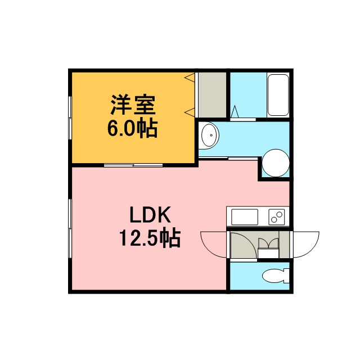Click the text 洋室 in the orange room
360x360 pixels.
pos(133,105)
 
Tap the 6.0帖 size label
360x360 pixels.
pos(133,128)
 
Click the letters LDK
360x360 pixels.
pos(150,215)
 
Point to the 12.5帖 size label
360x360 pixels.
pos(150,238)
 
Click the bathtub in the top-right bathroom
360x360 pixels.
pos(278,95)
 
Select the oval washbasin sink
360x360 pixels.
pos(209,136)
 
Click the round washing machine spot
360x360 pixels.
pos(276,163)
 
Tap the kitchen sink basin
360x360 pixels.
pos(245,217)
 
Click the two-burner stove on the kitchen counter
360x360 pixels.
pos(277,217)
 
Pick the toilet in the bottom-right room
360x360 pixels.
pos(276,276)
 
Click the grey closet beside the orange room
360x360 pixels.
pos(212,95)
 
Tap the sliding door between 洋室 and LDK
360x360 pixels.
pos(133,165)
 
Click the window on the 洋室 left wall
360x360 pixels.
pos(70,118)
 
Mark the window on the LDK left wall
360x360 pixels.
pos(70,228)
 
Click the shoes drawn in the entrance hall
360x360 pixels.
pos(268,243)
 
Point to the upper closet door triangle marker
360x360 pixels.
pos(190,77)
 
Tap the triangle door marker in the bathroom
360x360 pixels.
pos(235,111)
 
